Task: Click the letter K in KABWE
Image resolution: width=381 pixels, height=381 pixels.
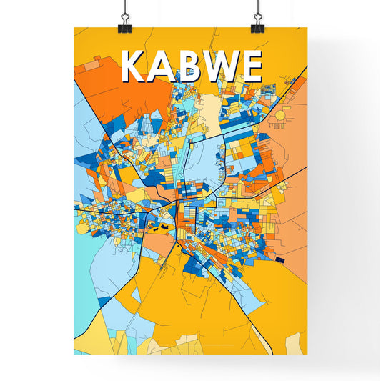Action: click(135, 66)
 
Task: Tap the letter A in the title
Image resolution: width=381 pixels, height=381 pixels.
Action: click(165, 66)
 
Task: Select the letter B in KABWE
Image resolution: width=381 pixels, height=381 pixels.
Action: click(192, 66)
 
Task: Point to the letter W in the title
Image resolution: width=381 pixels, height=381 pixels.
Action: click(222, 66)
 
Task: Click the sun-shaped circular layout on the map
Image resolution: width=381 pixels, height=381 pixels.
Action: click(279, 115)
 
